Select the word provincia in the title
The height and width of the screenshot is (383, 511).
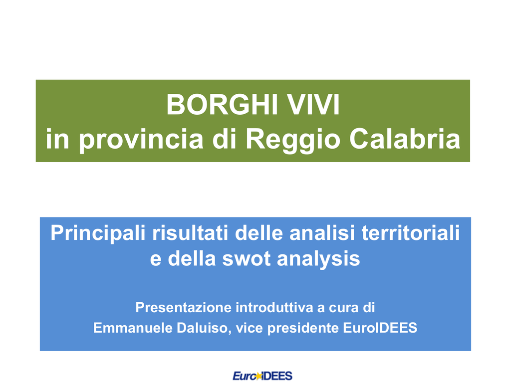[141, 140]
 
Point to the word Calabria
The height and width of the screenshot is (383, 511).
[405, 139]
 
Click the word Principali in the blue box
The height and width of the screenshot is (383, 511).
[98, 234]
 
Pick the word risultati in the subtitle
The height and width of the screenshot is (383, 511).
[190, 233]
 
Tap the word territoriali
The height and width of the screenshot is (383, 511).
[411, 233]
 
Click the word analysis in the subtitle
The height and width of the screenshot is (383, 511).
[318, 260]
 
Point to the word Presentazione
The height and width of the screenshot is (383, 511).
[183, 307]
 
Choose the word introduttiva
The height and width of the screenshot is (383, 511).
[274, 307]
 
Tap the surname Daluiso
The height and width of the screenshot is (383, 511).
[204, 328]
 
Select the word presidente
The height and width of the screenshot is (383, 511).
[304, 328]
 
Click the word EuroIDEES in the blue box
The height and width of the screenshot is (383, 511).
[380, 328]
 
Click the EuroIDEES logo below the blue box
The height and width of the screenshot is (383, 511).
[262, 376]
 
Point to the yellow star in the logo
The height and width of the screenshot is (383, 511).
[259, 377]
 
